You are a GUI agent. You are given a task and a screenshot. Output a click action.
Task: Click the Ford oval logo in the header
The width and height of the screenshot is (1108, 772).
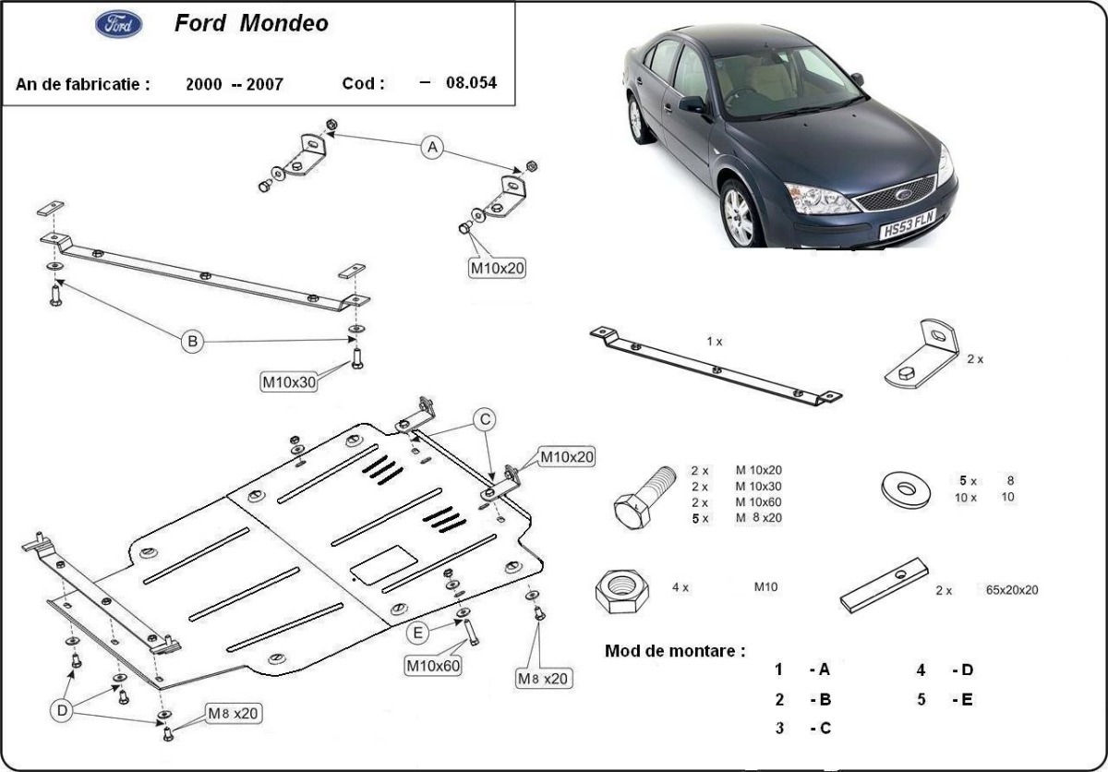(119, 25)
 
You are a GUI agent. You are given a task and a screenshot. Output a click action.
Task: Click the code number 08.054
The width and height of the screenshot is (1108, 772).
(471, 83)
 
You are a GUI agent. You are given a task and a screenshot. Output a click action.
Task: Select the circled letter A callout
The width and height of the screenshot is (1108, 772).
(432, 147)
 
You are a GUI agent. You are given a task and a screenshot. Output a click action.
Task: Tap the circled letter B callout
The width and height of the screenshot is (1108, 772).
(192, 342)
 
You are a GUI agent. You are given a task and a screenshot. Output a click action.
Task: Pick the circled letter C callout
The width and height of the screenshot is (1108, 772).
(484, 419)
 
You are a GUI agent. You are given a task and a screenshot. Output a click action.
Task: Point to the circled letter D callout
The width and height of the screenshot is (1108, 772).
(62, 709)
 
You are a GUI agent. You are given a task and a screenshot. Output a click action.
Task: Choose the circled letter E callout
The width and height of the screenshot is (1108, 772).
(418, 633)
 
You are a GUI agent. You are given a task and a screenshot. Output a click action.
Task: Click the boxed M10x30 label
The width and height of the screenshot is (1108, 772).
(289, 381)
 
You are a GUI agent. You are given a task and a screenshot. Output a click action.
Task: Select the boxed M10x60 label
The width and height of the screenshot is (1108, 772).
(433, 664)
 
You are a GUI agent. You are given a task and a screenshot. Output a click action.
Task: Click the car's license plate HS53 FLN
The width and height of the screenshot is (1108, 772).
(907, 224)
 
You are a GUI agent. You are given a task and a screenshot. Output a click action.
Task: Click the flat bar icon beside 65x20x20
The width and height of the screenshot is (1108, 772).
(884, 585)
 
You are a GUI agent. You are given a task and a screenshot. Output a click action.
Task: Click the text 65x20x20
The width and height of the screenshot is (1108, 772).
(1012, 590)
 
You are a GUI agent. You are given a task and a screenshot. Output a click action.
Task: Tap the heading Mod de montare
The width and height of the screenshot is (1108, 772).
(675, 650)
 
